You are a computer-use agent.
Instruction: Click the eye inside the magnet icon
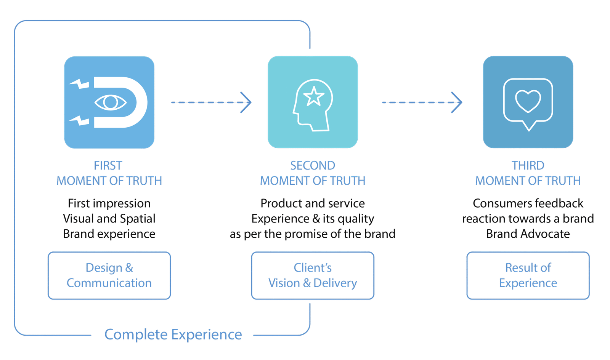click(110, 102)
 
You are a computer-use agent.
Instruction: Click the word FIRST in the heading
click(108, 165)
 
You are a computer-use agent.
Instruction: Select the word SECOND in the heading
click(313, 165)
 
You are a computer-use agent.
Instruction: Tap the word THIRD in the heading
click(528, 165)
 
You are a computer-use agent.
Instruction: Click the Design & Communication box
click(109, 275)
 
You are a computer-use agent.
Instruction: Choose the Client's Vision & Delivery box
click(313, 275)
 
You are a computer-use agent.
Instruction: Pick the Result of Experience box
click(528, 275)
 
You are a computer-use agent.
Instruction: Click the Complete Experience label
click(173, 335)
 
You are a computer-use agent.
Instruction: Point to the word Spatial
click(138, 219)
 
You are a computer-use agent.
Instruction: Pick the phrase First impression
click(109, 203)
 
